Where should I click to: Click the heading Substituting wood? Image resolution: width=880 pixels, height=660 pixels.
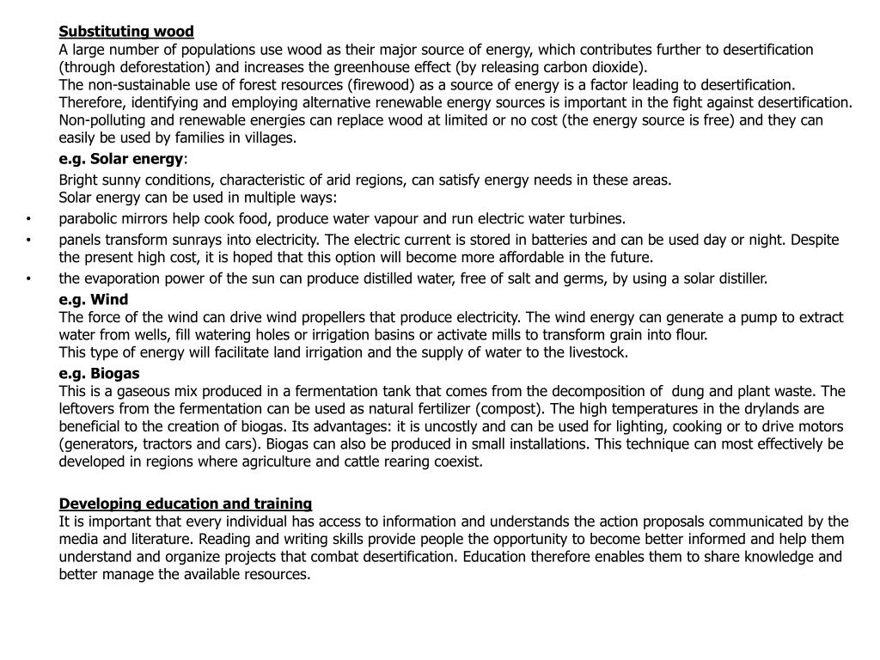(126, 32)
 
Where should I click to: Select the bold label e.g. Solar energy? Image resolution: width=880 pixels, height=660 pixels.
(121, 159)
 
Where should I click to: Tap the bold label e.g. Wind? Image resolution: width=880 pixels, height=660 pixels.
(94, 299)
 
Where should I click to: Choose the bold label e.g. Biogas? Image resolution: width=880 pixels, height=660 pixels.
(99, 373)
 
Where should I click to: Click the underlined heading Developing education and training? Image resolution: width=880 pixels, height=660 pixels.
(186, 503)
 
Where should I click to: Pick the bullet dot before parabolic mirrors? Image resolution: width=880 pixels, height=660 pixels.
(28, 218)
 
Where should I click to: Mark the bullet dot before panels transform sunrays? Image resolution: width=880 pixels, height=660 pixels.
(28, 240)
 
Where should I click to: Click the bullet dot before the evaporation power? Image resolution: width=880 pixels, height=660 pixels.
(28, 278)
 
